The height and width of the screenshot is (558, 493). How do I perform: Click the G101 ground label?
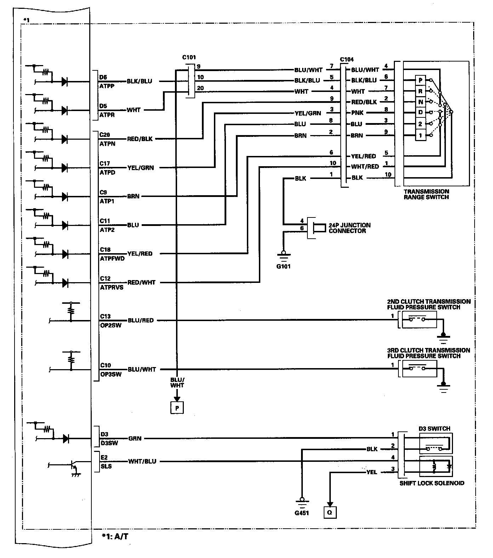coord(283,266)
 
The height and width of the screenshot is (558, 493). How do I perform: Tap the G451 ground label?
coord(302,512)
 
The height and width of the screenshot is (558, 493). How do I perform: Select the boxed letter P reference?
coord(177,408)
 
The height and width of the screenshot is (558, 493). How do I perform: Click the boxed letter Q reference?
coord(330,512)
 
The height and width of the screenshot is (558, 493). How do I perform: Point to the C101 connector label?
coord(189,57)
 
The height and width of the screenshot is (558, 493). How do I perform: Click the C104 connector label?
coord(346,59)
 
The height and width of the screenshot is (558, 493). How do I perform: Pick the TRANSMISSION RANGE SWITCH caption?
coord(426,194)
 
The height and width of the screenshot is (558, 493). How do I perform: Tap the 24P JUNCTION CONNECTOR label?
coord(349,228)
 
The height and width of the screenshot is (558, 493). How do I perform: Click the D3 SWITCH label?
coord(434,429)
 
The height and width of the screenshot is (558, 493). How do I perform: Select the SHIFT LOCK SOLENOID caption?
coord(432,483)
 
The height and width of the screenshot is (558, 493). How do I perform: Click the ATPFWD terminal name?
coord(112,258)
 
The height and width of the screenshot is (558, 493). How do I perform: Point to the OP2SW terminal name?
coord(110,325)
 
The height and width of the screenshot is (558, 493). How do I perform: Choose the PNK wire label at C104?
coord(358,113)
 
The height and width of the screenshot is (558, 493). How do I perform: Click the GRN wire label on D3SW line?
coord(135,438)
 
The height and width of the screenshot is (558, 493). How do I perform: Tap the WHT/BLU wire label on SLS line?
coord(142,461)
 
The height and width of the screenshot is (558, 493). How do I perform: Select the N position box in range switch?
coord(420,102)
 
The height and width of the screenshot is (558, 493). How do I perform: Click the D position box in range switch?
coord(420,113)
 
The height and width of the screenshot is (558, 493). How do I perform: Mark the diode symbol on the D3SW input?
coord(65,438)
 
